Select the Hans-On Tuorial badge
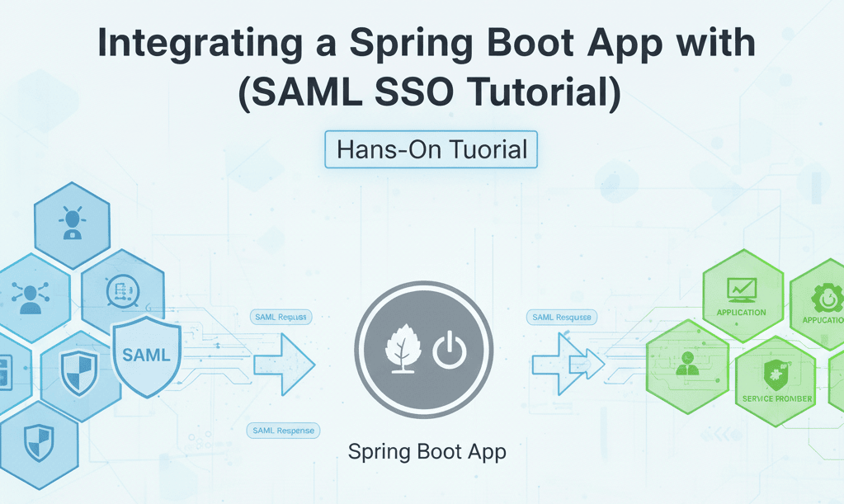coord(431,150)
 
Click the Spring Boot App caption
coord(427,452)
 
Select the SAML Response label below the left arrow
coord(284,431)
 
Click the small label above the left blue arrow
coord(280,317)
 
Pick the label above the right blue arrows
coord(561,317)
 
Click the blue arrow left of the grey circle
coord(285,364)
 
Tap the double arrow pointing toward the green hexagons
coord(568,363)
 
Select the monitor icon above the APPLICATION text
coord(740,290)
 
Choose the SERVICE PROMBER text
coord(776,398)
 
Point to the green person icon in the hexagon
coord(686,363)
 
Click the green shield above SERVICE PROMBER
coord(776,373)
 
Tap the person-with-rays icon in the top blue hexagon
coord(72,224)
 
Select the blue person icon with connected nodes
coord(30,296)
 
